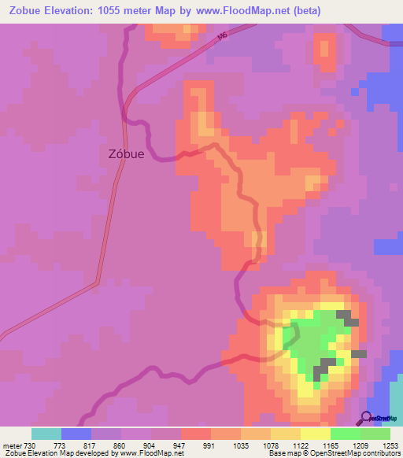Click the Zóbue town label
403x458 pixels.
click(125, 154)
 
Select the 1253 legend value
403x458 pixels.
click(390, 445)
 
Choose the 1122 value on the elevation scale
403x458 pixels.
click(300, 445)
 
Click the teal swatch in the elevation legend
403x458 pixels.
click(46, 434)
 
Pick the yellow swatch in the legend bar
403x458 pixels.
click(315, 434)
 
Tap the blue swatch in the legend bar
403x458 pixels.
click(76, 434)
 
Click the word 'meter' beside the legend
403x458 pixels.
click(11, 445)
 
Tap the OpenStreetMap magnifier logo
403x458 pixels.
click(367, 418)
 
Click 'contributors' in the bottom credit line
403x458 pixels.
click(380, 453)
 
